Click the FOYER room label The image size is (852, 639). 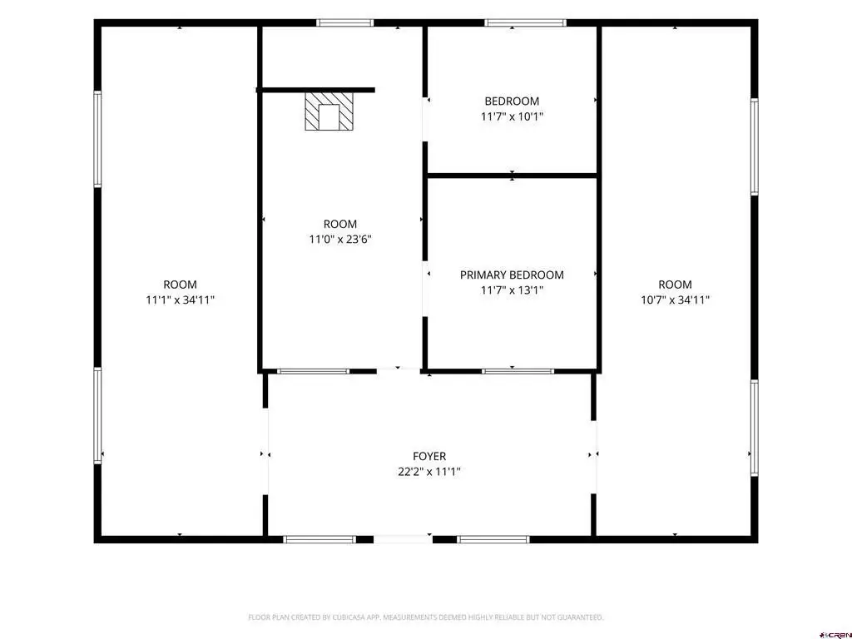(429, 457)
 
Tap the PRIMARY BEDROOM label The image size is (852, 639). (512, 275)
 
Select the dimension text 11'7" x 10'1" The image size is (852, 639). (512, 116)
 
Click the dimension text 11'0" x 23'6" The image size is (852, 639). (340, 239)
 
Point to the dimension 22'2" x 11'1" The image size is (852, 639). (429, 472)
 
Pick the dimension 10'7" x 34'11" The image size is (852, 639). (676, 300)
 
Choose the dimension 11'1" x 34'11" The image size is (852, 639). (181, 300)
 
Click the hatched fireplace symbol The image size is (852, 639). (329, 111)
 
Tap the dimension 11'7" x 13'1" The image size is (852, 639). (512, 290)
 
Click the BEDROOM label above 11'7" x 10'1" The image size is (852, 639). (512, 101)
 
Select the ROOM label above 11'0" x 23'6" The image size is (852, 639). (340, 224)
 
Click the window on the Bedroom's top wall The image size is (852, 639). (526, 22)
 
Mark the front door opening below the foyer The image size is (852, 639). (403, 539)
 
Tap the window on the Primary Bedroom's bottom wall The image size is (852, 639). (518, 372)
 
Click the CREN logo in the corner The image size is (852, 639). (835, 635)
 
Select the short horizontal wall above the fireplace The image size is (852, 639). (315, 90)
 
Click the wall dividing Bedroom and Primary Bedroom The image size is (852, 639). (512, 176)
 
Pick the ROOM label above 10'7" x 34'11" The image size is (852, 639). (676, 285)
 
